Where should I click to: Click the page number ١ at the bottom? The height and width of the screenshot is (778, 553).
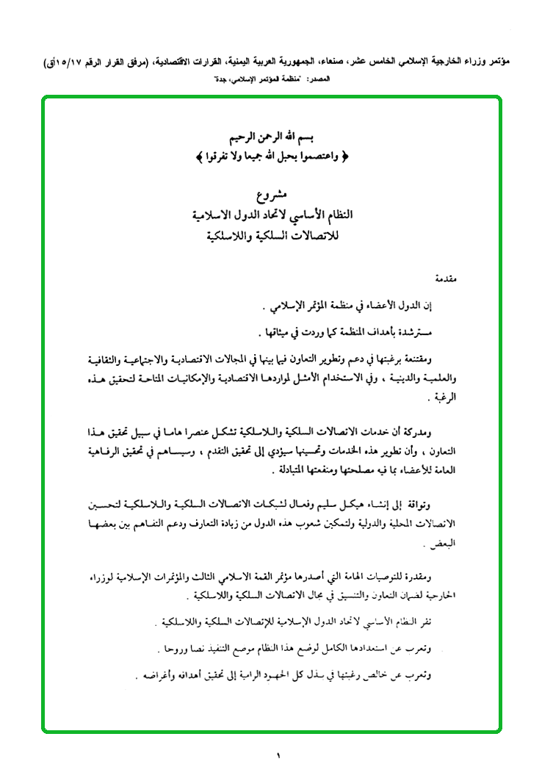[278, 754]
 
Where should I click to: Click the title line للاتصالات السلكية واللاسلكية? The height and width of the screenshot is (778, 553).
[270, 237]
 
